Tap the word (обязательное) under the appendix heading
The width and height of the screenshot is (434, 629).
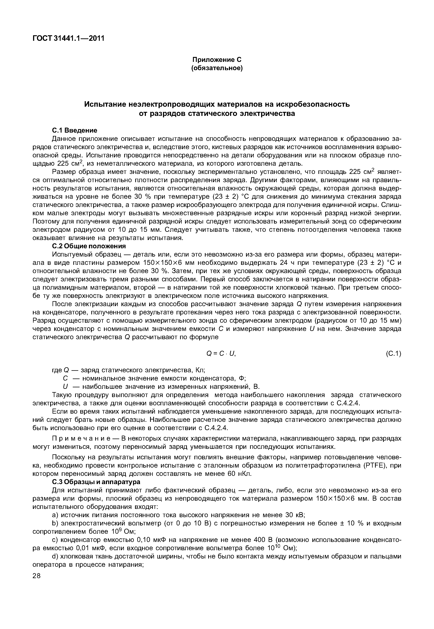[217, 68]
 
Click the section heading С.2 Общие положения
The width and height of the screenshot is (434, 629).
[89, 246]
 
